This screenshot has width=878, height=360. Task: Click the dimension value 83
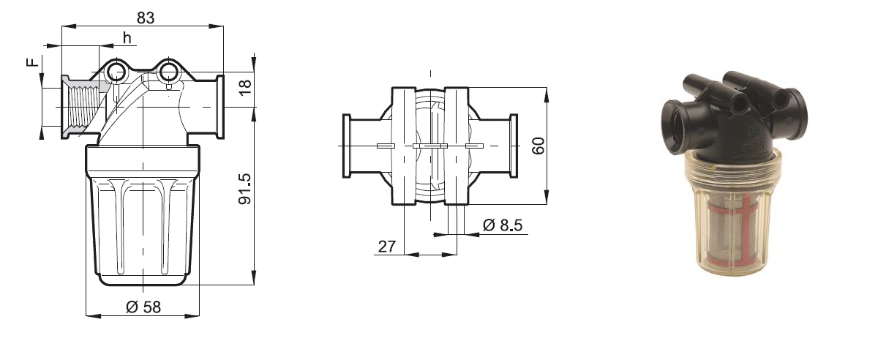click(x=145, y=18)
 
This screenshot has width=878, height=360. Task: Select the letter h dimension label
click(x=127, y=38)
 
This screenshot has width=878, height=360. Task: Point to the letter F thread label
click(x=32, y=63)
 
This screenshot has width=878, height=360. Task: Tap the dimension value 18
click(x=245, y=85)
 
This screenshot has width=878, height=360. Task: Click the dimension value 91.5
click(x=245, y=188)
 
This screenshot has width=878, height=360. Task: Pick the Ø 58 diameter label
click(x=143, y=307)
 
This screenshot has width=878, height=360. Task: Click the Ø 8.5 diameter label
click(x=502, y=225)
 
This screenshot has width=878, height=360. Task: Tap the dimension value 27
click(x=386, y=247)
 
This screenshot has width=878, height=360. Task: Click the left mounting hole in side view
click(x=116, y=72)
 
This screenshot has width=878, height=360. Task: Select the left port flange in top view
click(x=348, y=146)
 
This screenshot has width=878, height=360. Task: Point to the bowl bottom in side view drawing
click(x=143, y=279)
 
